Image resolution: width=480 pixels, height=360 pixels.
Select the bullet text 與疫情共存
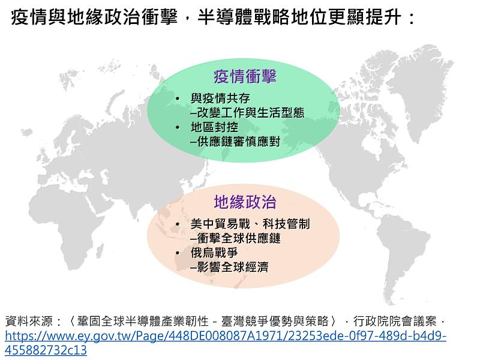220,98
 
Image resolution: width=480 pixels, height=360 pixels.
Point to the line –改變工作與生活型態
247,113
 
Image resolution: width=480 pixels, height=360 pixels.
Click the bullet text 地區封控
214,127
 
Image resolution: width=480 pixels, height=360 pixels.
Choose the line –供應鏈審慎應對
235,142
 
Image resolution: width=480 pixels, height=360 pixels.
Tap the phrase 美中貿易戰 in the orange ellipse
220,224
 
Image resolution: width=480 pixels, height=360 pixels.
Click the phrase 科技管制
286,224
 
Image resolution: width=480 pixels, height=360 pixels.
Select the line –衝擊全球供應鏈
235,238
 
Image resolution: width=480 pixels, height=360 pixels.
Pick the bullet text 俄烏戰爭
214,253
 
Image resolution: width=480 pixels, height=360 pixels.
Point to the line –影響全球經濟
229,267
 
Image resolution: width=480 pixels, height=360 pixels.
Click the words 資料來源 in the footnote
29,321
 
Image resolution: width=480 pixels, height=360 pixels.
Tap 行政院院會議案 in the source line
395,321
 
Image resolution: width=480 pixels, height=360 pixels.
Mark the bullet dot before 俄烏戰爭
178,253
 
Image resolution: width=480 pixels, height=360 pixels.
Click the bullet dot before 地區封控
178,127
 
